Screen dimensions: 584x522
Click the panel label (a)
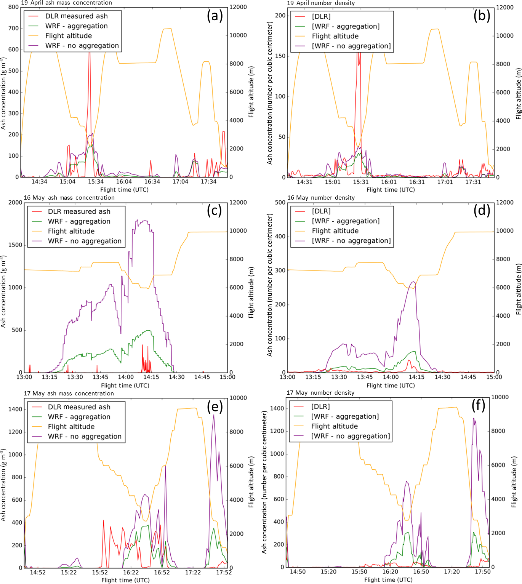coord(215,16)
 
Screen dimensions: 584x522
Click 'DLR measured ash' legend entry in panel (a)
coord(76,16)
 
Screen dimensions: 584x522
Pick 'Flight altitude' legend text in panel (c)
coord(71,231)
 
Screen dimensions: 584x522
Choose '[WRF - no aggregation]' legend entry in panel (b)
coord(351,46)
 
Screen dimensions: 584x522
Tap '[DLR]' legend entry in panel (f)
coord(320,406)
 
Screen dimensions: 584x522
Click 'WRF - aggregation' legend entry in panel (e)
coord(79,417)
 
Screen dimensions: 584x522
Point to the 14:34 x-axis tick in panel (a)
coord(39,182)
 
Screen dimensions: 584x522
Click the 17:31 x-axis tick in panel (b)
coord(473,182)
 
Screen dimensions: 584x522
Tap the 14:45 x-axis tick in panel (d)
coord(468,377)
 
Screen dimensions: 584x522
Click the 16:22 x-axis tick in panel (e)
coord(131,572)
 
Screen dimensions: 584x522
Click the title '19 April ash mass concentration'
coord(66,3)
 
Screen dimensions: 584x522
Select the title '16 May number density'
coord(321,198)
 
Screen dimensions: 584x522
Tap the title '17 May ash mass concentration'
coord(69,394)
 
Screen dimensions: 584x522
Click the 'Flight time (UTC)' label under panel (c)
coord(125,386)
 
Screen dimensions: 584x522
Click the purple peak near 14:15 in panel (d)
coord(414,282)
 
